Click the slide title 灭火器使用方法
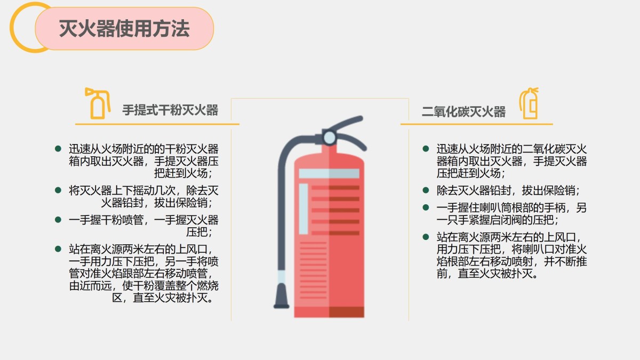[124, 29]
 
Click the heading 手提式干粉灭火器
[170, 110]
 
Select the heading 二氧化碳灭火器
[463, 111]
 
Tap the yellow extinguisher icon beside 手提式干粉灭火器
[98, 103]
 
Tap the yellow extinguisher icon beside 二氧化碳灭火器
[529, 103]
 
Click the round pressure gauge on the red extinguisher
[330, 138]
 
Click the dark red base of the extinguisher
[329, 312]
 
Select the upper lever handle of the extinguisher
[346, 122]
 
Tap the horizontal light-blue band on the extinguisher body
[329, 173]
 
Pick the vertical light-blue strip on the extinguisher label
[303, 209]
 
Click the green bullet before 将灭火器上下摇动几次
[58, 190]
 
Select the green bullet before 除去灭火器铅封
[426, 190]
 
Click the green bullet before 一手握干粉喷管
[58, 220]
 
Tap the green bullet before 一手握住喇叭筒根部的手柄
[426, 207]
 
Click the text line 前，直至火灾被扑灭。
[487, 274]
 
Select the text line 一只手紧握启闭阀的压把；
[498, 220]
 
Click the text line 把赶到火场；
[183, 173]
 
